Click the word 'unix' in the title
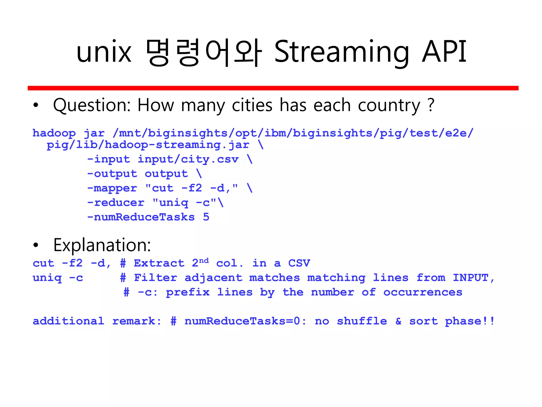[x=104, y=52]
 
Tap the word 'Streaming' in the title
[x=342, y=52]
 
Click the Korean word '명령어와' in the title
[x=204, y=52]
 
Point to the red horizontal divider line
[x=273, y=88]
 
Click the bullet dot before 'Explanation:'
[x=36, y=245]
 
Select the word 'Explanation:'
[x=102, y=245]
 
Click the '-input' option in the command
[x=109, y=159]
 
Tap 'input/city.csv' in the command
[x=188, y=159]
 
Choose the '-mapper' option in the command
[x=112, y=188]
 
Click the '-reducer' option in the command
[x=116, y=203]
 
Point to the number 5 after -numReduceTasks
[x=206, y=217]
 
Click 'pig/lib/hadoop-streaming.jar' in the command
[x=148, y=145]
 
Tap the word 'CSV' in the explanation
[x=299, y=263]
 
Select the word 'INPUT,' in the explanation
[x=473, y=278]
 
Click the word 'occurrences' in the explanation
[x=423, y=292]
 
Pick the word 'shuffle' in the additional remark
[x=362, y=321]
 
